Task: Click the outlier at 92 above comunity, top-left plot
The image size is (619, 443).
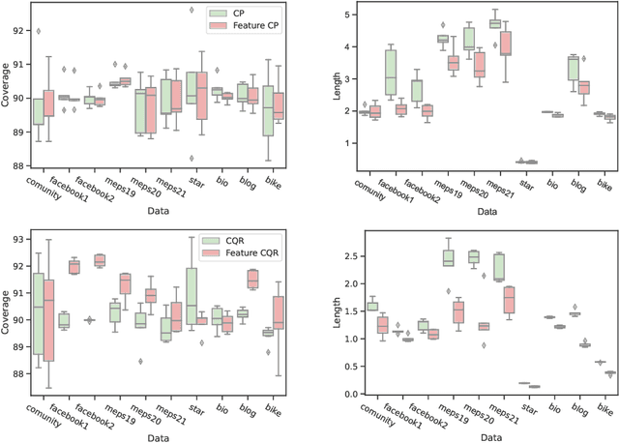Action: click(x=39, y=31)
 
